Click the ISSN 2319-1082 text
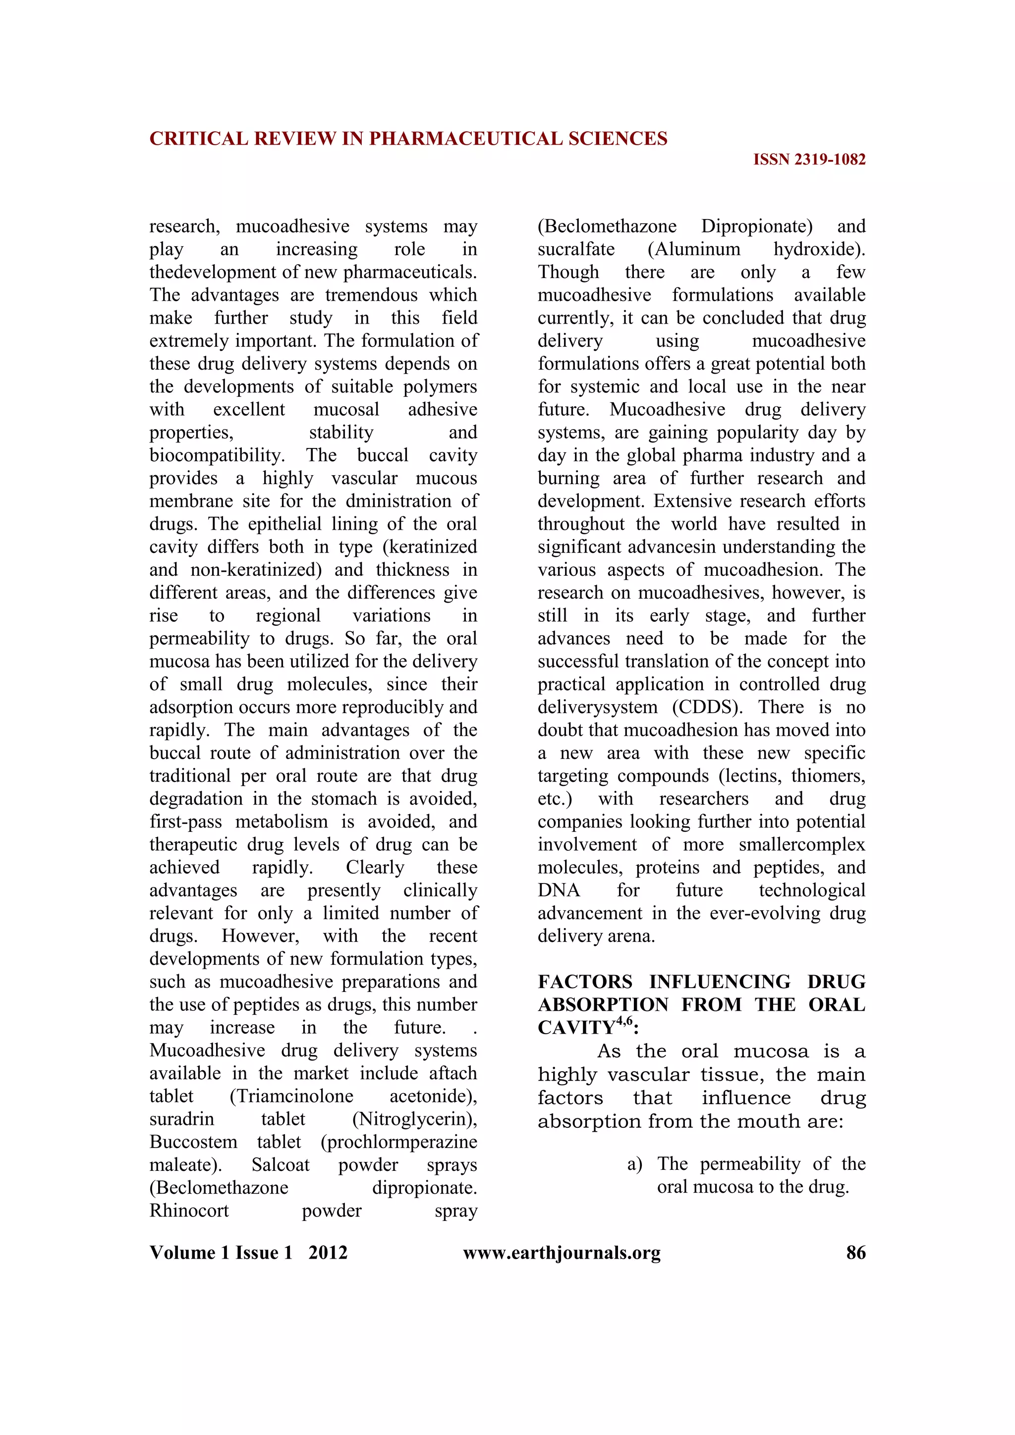point(809,160)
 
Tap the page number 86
point(855,1253)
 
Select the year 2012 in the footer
point(328,1253)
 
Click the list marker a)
point(634,1164)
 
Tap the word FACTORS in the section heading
point(585,982)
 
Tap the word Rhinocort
point(189,1211)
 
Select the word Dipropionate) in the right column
point(757,226)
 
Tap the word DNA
point(558,890)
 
